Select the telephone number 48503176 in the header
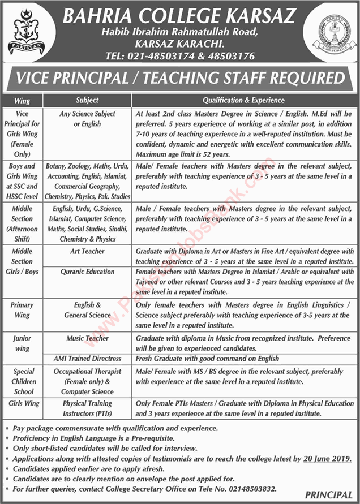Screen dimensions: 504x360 (232, 56)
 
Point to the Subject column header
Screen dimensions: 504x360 (87, 100)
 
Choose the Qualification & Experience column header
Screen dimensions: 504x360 (244, 100)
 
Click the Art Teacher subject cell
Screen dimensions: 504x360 (87, 251)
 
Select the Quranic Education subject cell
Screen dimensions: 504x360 (87, 272)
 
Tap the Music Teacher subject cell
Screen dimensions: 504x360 (87, 338)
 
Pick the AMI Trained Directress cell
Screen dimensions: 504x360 (87, 359)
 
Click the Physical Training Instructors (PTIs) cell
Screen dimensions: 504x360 (87, 408)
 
